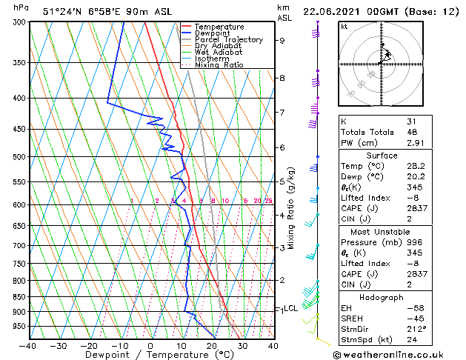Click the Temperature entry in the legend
coord(219,27)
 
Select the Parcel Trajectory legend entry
coord(228,40)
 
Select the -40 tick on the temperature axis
coord(29,345)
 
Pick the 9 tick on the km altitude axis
coord(282,41)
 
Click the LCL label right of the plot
coord(290,308)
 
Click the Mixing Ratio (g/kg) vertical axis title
coord(291,208)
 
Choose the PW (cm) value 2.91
coord(413,142)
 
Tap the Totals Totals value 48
coord(410,132)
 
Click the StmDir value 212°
coord(416,329)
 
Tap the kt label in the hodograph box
coord(344,27)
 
